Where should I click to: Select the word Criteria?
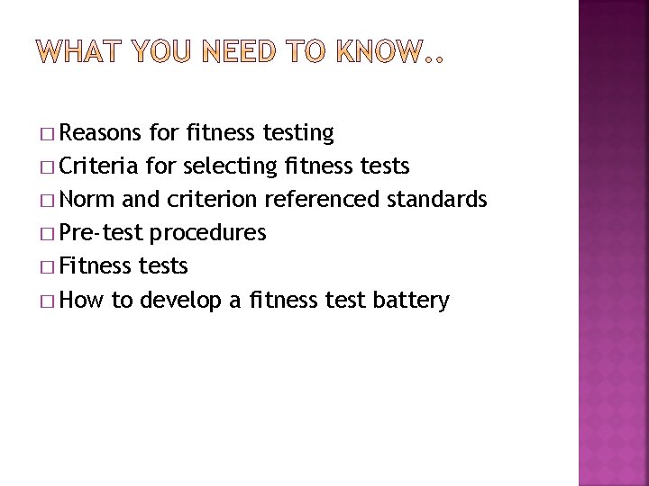100,166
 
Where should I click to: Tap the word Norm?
86,199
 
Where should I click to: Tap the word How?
83,300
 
